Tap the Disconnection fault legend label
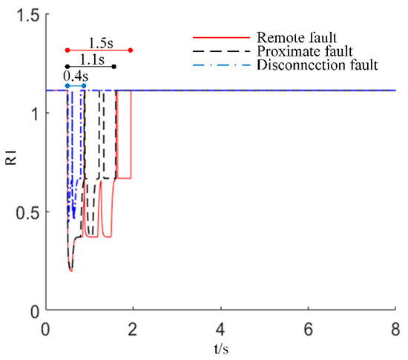[316, 65]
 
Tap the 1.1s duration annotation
[91, 58]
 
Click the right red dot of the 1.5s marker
[131, 50]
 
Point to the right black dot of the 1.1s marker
[114, 67]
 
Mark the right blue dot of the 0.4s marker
[84, 86]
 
